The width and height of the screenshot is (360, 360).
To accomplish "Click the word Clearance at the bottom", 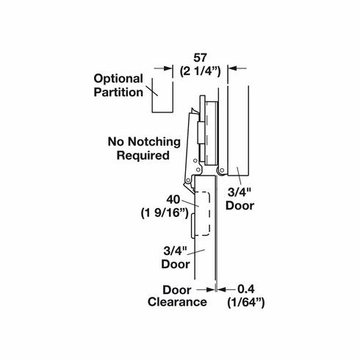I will tap(176, 302).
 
